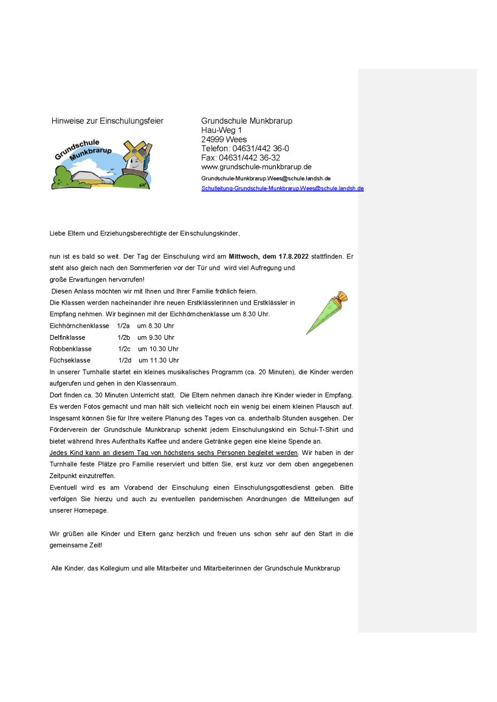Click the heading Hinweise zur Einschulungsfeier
pos(108,121)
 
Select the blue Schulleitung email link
pos(282,189)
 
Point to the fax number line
pos(241,158)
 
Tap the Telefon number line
pos(245,149)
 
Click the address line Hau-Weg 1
pos(221,130)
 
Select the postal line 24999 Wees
pos(224,140)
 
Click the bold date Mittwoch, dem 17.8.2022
pos(277,257)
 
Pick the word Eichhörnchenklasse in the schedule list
pos(79,326)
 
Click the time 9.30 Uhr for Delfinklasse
pos(156,337)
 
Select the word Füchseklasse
pos(70,360)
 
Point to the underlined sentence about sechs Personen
pos(174,453)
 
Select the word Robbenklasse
pos(70,349)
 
